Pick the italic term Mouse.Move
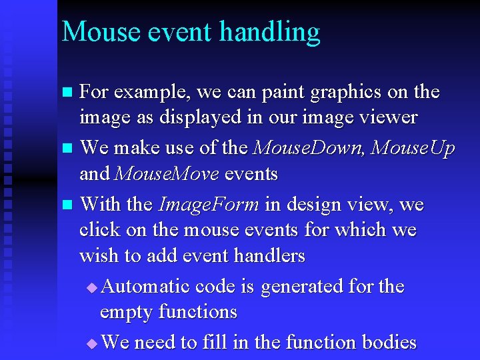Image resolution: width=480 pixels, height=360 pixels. point(167,174)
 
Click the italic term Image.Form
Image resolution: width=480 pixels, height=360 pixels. point(209,204)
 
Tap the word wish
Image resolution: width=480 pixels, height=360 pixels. point(98,255)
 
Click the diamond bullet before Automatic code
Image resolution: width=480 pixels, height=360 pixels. point(92,287)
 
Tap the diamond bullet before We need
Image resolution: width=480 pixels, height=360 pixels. point(92,343)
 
